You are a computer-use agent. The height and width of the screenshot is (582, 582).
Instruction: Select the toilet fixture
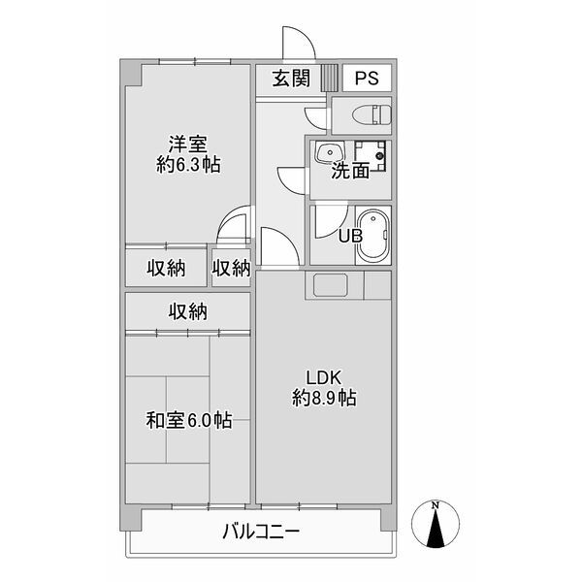click(x=370, y=115)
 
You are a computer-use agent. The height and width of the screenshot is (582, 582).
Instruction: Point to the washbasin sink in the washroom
click(x=330, y=153)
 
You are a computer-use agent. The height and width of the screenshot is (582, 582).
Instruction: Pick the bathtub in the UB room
click(x=372, y=236)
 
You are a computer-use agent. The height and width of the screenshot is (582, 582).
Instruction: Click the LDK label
click(x=324, y=376)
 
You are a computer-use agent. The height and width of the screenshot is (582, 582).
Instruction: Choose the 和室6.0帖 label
click(x=188, y=421)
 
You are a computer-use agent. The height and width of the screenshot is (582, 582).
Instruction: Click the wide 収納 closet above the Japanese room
click(x=188, y=311)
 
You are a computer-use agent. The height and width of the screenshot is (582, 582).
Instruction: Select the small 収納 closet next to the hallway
click(x=232, y=268)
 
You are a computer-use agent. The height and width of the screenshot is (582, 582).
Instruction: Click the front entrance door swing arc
click(x=297, y=44)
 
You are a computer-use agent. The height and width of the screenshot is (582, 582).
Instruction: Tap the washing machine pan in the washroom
click(x=369, y=155)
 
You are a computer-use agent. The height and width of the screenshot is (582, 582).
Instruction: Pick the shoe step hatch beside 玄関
click(x=329, y=78)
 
